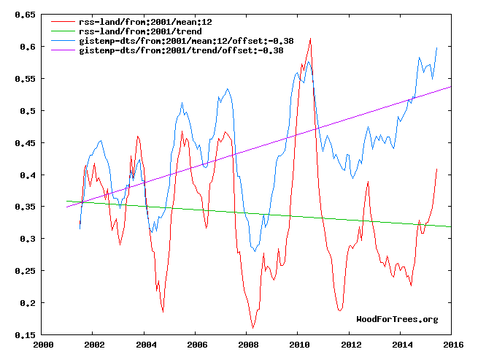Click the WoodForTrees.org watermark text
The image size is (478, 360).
(397, 319)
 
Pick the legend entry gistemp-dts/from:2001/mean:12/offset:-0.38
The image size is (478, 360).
(185, 42)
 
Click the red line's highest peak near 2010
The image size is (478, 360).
(311, 39)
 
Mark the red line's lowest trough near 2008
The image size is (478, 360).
(253, 328)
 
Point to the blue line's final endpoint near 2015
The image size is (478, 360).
(436, 47)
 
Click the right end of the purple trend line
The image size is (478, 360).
(451, 86)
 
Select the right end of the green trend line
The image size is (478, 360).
(451, 226)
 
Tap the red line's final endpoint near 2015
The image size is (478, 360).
(436, 169)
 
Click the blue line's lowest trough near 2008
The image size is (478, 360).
(254, 251)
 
